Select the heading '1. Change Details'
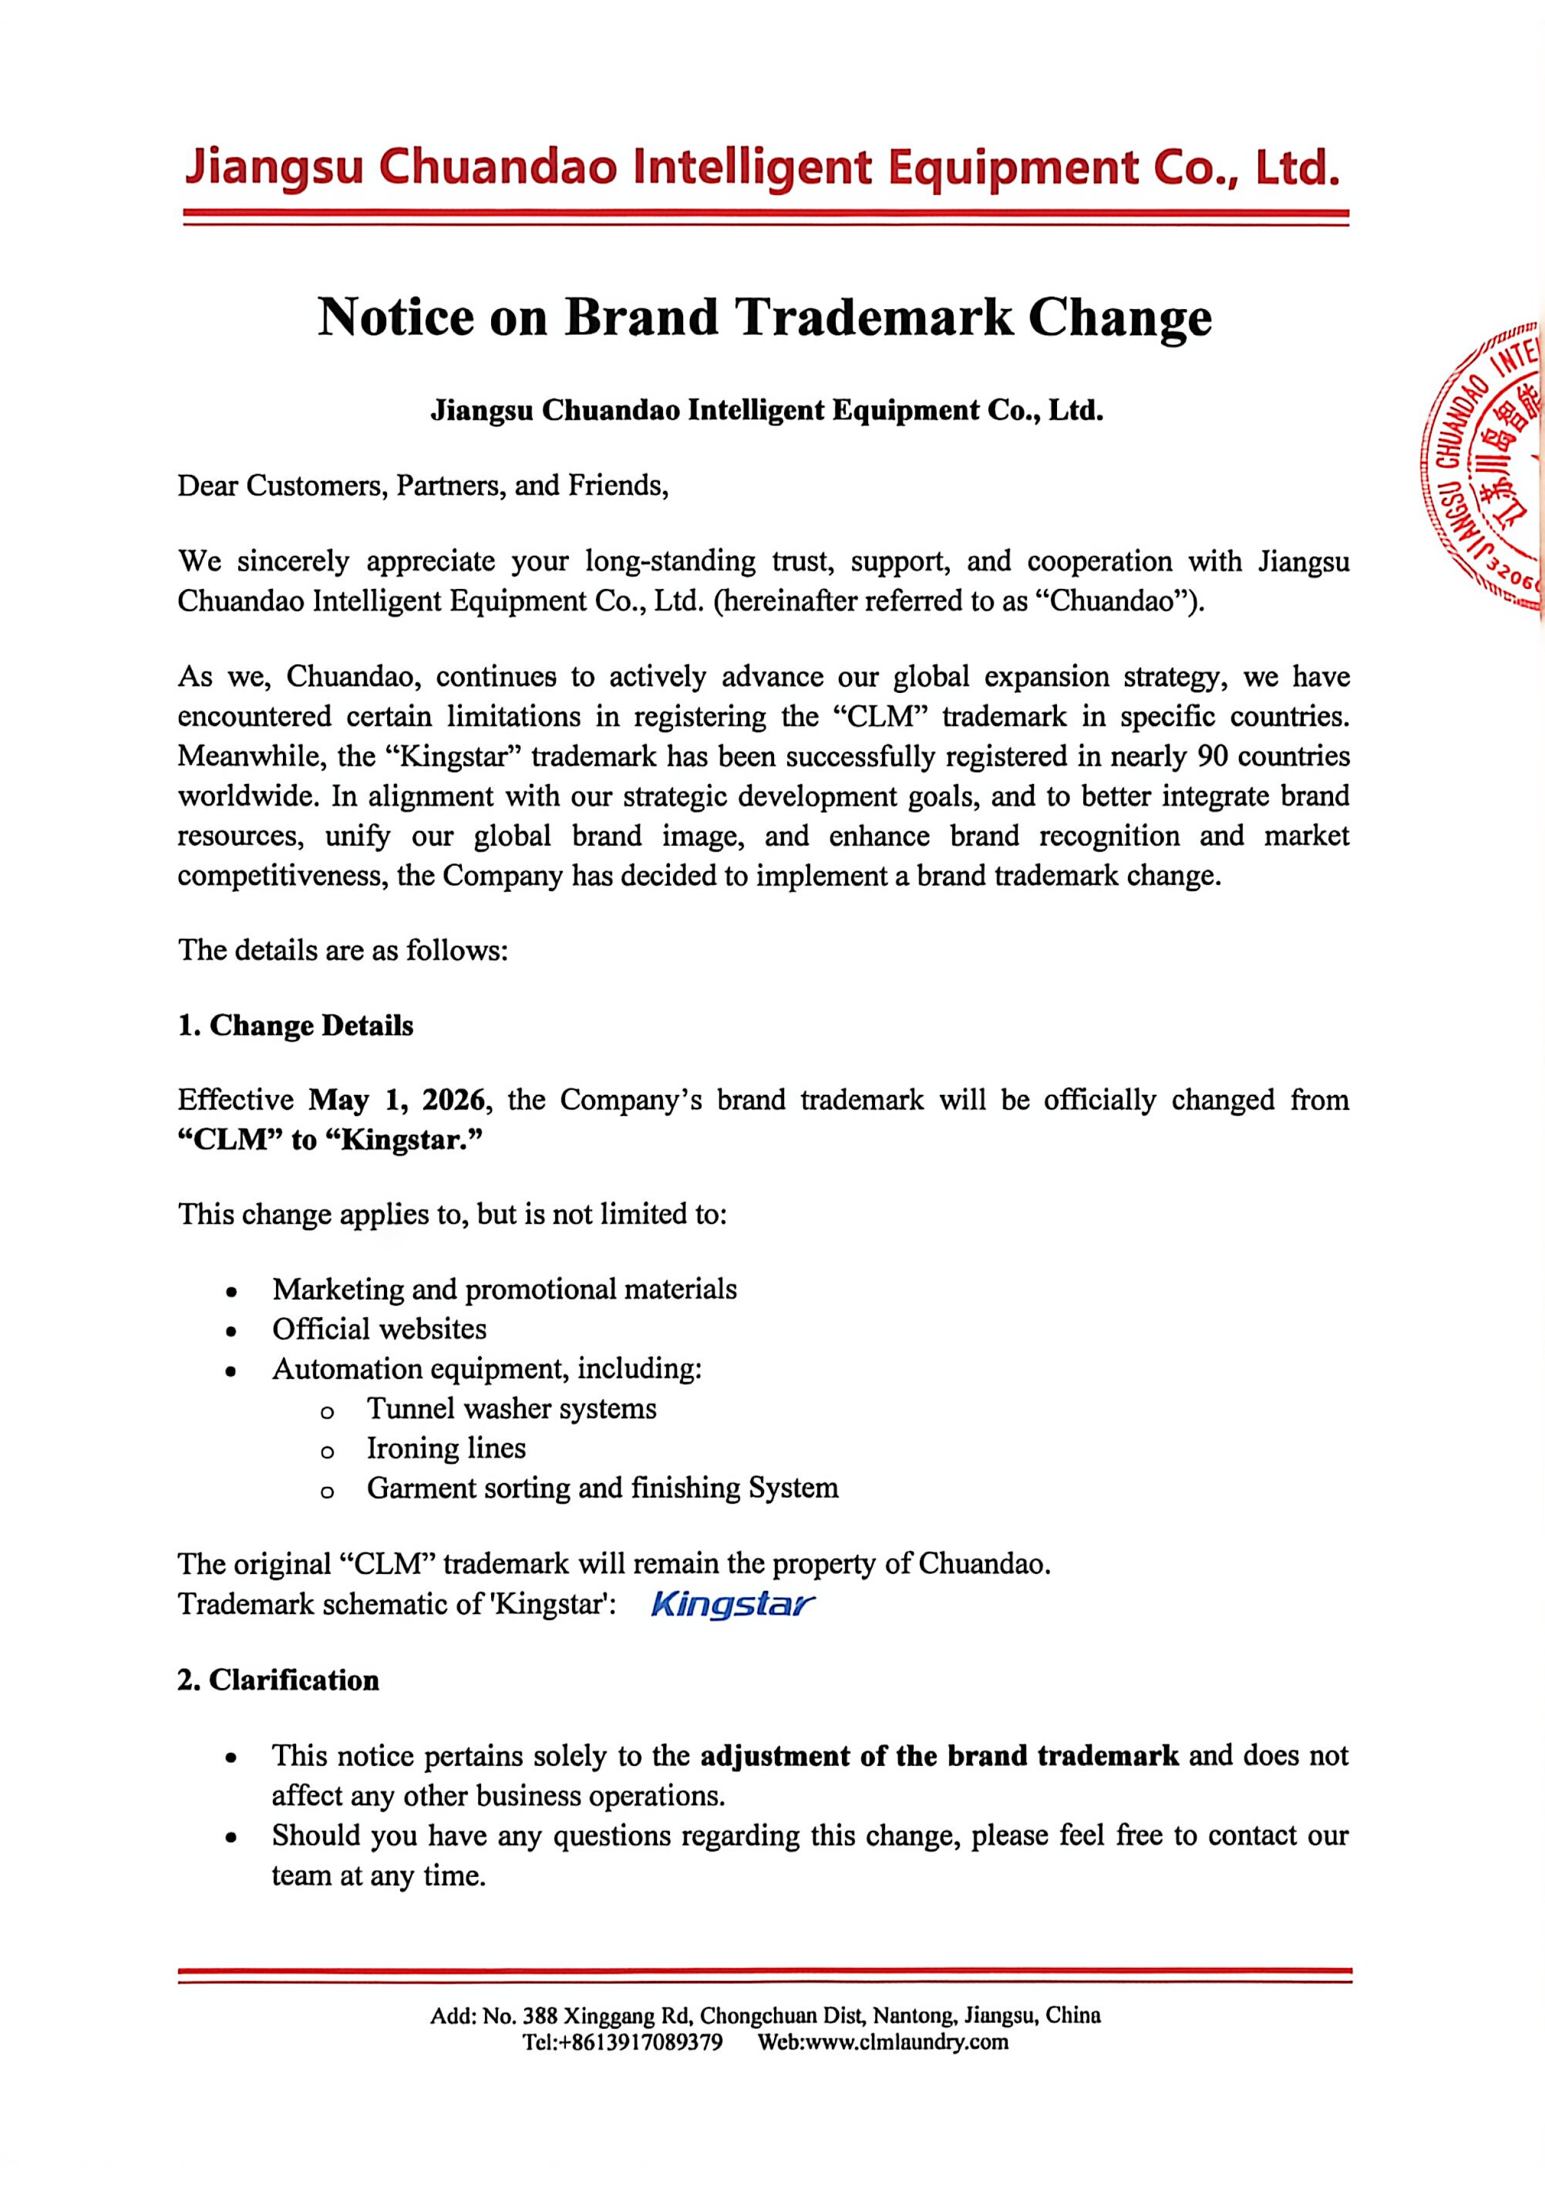coord(295,1026)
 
